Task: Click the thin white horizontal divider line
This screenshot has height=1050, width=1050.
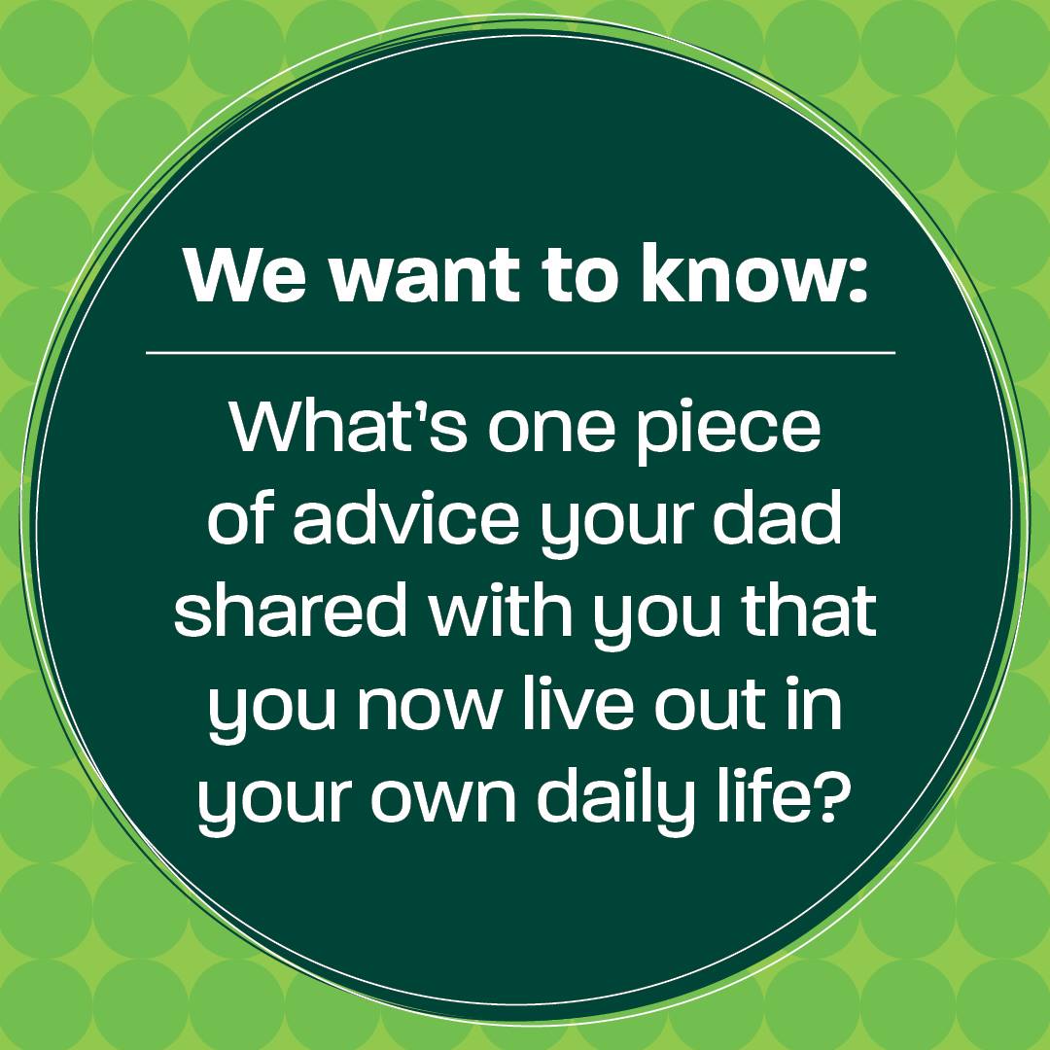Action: tap(520, 352)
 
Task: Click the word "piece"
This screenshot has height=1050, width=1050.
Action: tap(728, 433)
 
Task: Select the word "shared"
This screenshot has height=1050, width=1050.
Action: tap(290, 610)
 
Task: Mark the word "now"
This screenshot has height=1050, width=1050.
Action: tap(429, 707)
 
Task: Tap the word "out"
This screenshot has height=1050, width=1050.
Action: tap(710, 705)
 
